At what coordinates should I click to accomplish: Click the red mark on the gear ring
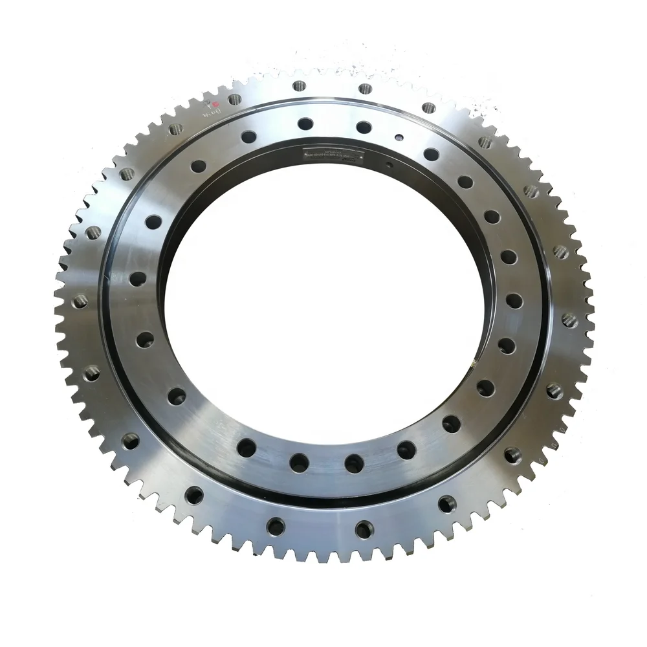pyautogui.click(x=217, y=104)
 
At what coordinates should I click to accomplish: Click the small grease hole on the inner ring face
pyautogui.click(x=400, y=137)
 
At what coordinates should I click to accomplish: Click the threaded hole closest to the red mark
pyautogui.click(x=234, y=99)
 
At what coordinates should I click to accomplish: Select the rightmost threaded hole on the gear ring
pyautogui.click(x=569, y=319)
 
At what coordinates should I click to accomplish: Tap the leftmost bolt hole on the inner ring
pyautogui.click(x=138, y=278)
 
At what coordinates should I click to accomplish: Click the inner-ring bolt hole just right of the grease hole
pyautogui.click(x=430, y=154)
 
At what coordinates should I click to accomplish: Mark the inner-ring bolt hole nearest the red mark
pyautogui.click(x=248, y=137)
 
